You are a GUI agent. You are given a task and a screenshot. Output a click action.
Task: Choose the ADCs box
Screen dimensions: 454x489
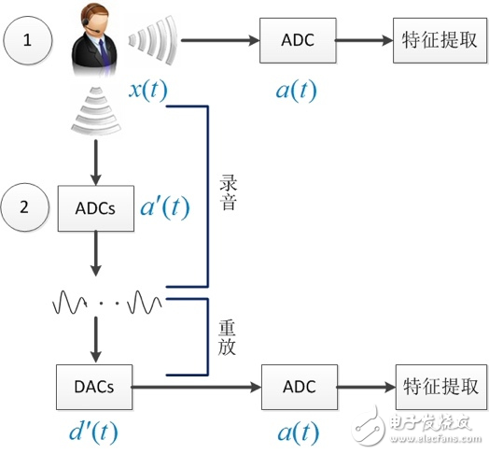92,207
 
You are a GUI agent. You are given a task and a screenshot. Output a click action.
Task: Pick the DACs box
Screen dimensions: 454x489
92,385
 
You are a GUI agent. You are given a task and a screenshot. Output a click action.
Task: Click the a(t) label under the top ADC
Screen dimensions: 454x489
297,91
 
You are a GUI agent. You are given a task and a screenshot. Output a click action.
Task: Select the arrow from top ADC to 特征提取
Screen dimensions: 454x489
362,41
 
